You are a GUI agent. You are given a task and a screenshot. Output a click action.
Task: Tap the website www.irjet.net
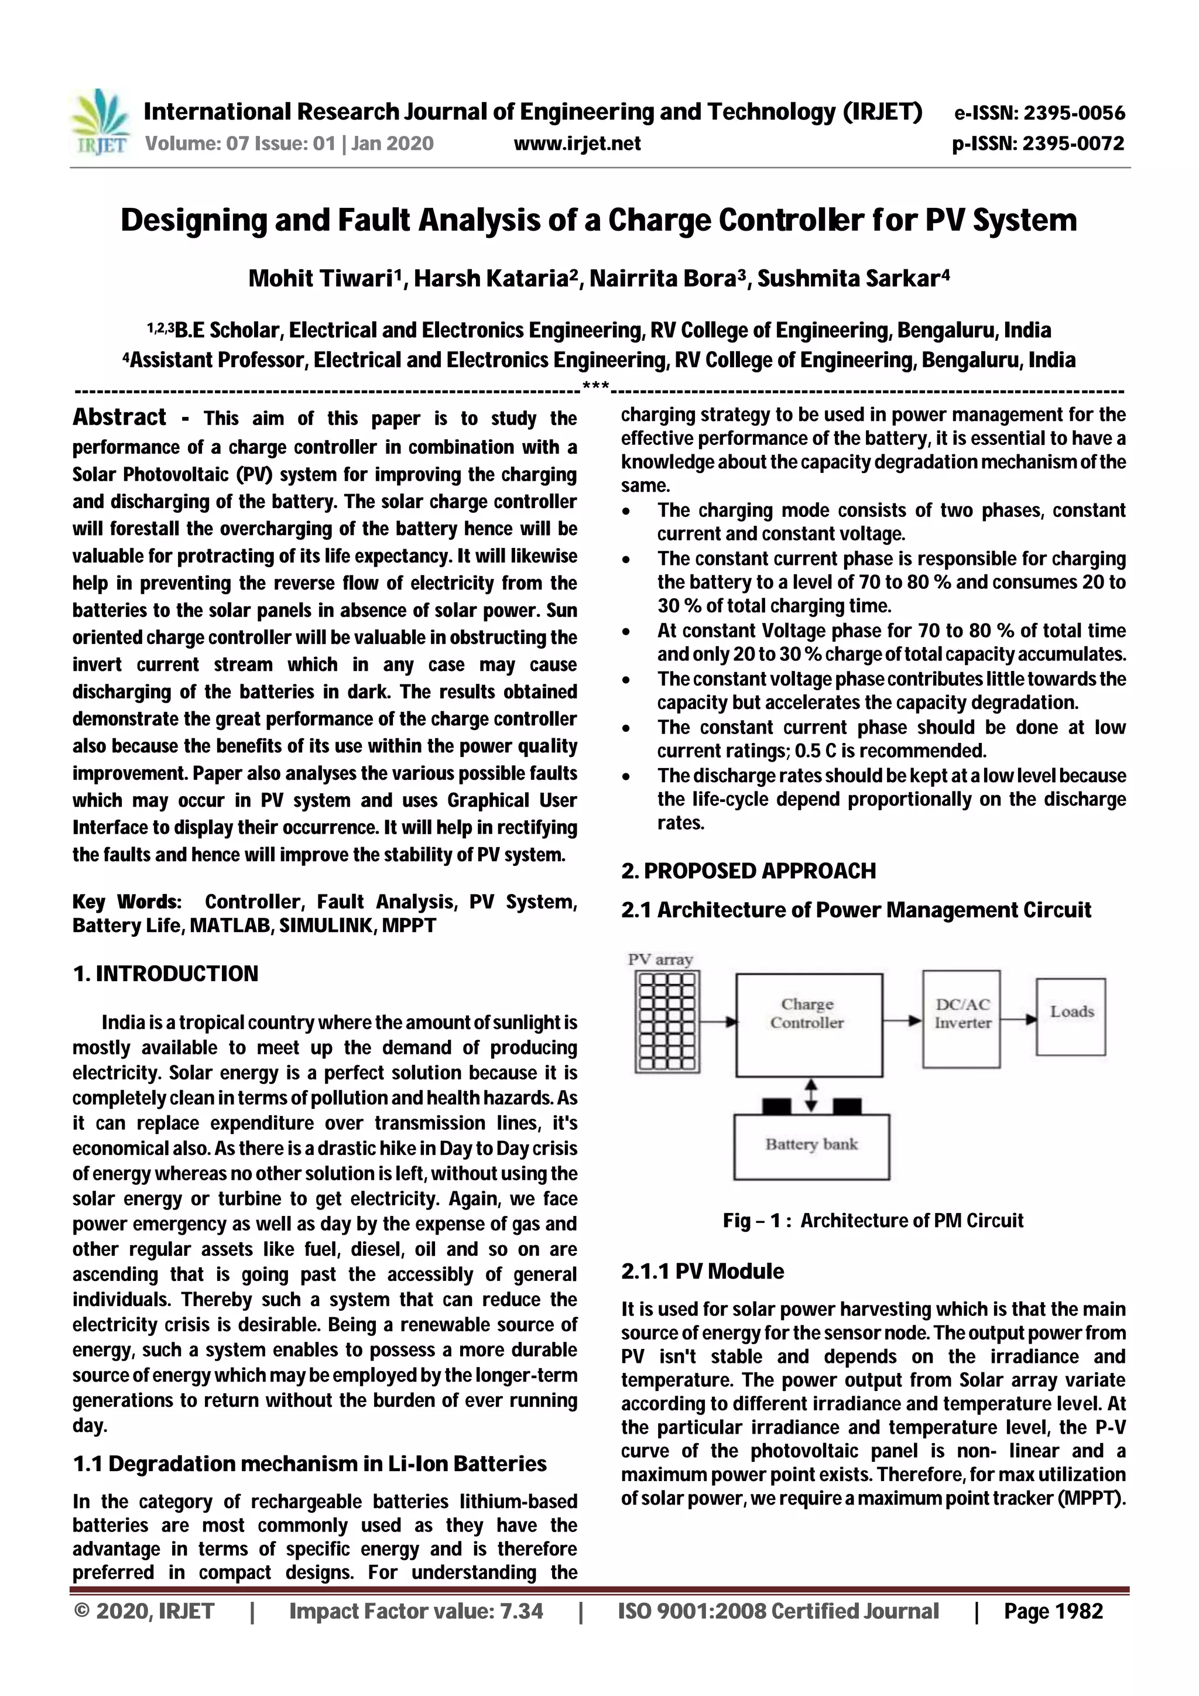click(577, 143)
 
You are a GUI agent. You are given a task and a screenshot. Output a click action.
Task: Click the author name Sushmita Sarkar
click(852, 279)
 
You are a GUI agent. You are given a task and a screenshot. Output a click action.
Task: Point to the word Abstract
click(119, 417)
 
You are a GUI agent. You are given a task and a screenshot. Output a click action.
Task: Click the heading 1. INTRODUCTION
click(166, 974)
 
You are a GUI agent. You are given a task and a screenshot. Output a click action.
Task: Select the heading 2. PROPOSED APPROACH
click(748, 871)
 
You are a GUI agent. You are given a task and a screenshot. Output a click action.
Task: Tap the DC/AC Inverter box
click(961, 1018)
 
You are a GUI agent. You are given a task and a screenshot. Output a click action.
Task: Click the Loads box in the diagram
click(1070, 1016)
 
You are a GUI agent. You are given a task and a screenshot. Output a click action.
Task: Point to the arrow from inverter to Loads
click(1018, 1019)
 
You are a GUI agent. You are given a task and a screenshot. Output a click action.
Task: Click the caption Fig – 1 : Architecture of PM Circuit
click(872, 1220)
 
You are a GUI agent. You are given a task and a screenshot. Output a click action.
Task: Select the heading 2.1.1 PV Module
click(702, 1271)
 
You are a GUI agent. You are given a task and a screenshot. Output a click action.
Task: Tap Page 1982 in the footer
click(1053, 1611)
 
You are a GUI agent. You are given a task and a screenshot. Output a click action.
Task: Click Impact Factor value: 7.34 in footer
click(416, 1611)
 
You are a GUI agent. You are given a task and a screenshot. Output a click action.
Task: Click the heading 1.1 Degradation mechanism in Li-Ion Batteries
click(310, 1464)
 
